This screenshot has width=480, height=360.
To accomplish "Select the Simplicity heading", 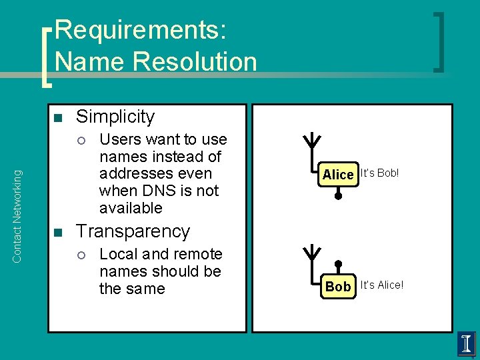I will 115,117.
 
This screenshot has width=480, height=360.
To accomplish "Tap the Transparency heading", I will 133,231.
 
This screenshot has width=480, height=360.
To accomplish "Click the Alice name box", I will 338,175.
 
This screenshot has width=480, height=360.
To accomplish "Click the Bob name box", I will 338,287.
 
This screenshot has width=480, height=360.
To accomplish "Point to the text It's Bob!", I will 379,173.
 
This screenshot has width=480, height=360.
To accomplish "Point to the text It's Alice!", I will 381,285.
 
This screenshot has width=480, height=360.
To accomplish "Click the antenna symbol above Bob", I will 311,254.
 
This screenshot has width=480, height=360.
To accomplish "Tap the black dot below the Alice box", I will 338,196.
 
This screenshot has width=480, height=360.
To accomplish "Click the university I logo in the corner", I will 467,344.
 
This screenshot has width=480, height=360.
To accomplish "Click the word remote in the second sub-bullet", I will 198,254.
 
